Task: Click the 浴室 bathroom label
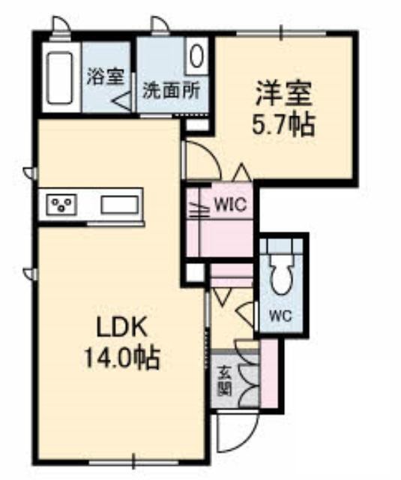coord(106,76)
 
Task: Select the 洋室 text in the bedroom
coord(283,93)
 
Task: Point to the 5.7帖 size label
coord(283,125)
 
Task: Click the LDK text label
coord(121,328)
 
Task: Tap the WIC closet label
coord(230,204)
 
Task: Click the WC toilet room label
coord(281,316)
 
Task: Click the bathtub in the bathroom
coord(60,78)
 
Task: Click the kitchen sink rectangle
coord(119,204)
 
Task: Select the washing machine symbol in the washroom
coord(196,55)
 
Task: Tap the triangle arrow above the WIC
coord(243,172)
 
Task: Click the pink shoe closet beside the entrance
coord(268,373)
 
